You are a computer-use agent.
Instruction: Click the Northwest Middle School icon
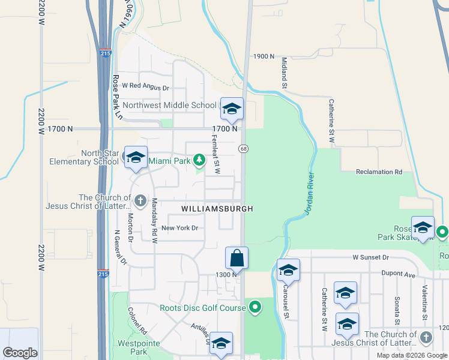[x=232, y=109]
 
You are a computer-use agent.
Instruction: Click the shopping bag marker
[x=237, y=258]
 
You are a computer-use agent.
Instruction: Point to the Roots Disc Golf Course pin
[x=255, y=308]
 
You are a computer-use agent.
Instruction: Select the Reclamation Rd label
[x=378, y=172]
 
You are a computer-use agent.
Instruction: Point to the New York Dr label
[x=179, y=228]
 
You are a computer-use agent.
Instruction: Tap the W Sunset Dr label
[x=371, y=257]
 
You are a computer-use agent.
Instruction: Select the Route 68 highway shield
[x=244, y=148]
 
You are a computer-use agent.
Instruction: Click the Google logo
[x=20, y=352]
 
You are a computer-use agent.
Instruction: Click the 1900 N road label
[x=264, y=56]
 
